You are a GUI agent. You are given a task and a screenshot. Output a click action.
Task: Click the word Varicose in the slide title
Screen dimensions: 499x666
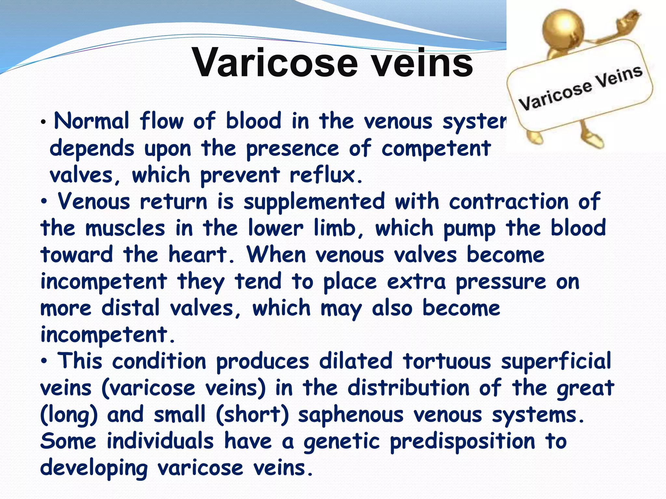[x=275, y=63]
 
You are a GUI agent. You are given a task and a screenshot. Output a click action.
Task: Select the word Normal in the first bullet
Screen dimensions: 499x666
[x=92, y=121]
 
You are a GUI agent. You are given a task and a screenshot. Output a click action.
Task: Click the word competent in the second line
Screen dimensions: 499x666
[x=436, y=149]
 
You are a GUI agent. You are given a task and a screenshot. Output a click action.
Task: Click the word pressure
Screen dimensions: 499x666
[x=501, y=282]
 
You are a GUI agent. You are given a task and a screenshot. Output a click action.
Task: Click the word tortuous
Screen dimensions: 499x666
[x=446, y=361]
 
